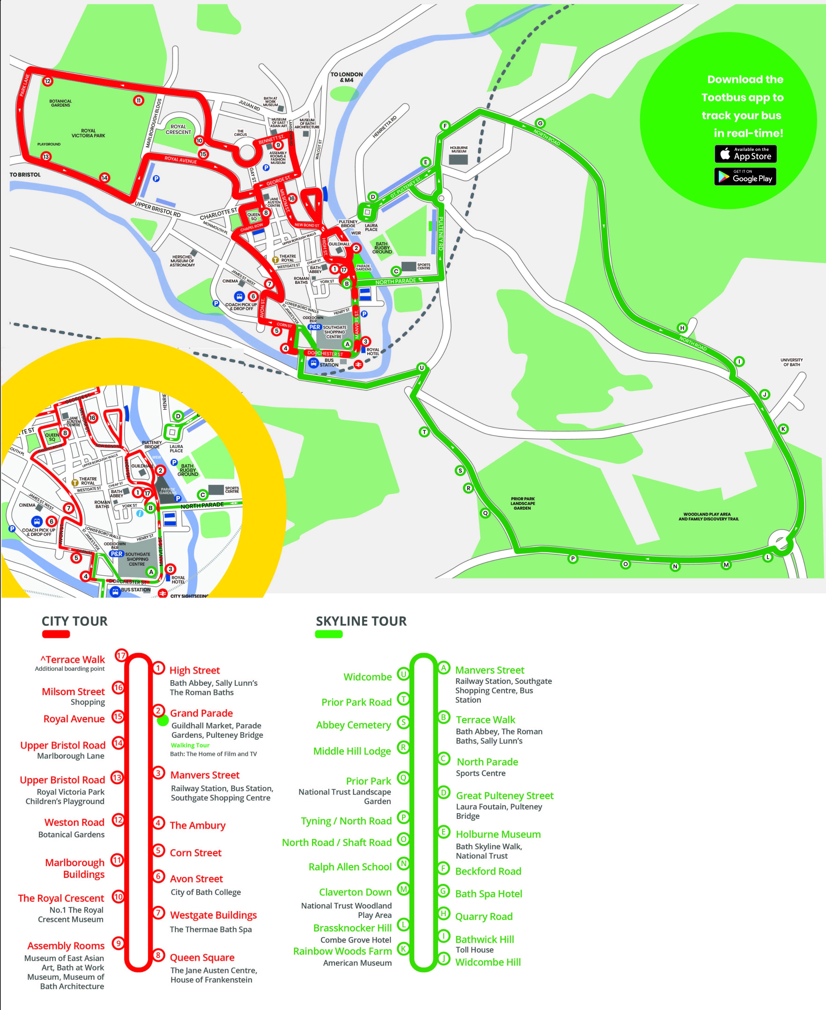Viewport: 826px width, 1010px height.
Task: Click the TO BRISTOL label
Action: (25, 175)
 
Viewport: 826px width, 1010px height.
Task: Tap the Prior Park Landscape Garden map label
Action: (522, 503)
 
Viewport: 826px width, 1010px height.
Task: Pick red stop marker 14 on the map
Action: (104, 178)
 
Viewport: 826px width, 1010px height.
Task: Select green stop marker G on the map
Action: (540, 123)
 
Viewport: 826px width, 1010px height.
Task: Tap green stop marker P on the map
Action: (573, 559)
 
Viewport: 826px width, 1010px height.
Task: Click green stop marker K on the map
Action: (783, 429)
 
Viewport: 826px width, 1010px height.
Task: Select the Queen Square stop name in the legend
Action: (202, 957)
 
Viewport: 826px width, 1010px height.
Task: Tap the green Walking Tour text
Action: (190, 745)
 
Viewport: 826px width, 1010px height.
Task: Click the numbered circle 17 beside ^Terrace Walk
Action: (121, 655)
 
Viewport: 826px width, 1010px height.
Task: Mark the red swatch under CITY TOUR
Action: (56, 634)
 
